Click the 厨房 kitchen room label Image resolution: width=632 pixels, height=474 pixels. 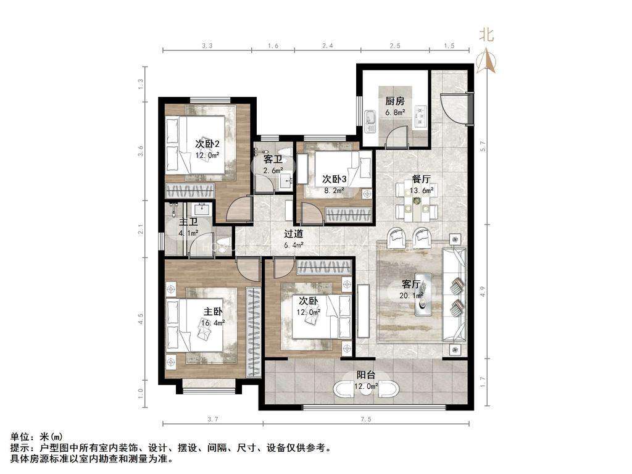(x=394, y=101)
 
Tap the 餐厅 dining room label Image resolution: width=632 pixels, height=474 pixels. (x=421, y=179)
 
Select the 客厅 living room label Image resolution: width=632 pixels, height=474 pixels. (x=411, y=284)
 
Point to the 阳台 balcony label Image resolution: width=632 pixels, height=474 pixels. (x=366, y=375)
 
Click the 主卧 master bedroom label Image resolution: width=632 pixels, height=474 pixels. (x=213, y=312)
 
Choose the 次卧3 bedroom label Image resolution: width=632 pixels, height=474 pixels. (x=335, y=179)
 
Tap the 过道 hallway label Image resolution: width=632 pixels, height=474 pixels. (x=293, y=234)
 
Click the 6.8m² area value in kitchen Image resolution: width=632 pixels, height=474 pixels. (x=395, y=112)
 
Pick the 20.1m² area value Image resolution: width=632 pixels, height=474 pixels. (x=411, y=296)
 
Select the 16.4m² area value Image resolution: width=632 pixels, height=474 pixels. (x=213, y=322)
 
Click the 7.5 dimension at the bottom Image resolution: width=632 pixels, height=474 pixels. (x=366, y=420)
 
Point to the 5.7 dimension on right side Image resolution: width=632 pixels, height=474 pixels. (x=483, y=146)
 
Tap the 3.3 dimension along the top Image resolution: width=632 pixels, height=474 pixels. (x=207, y=46)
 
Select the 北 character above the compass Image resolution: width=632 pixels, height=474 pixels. (x=486, y=35)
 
